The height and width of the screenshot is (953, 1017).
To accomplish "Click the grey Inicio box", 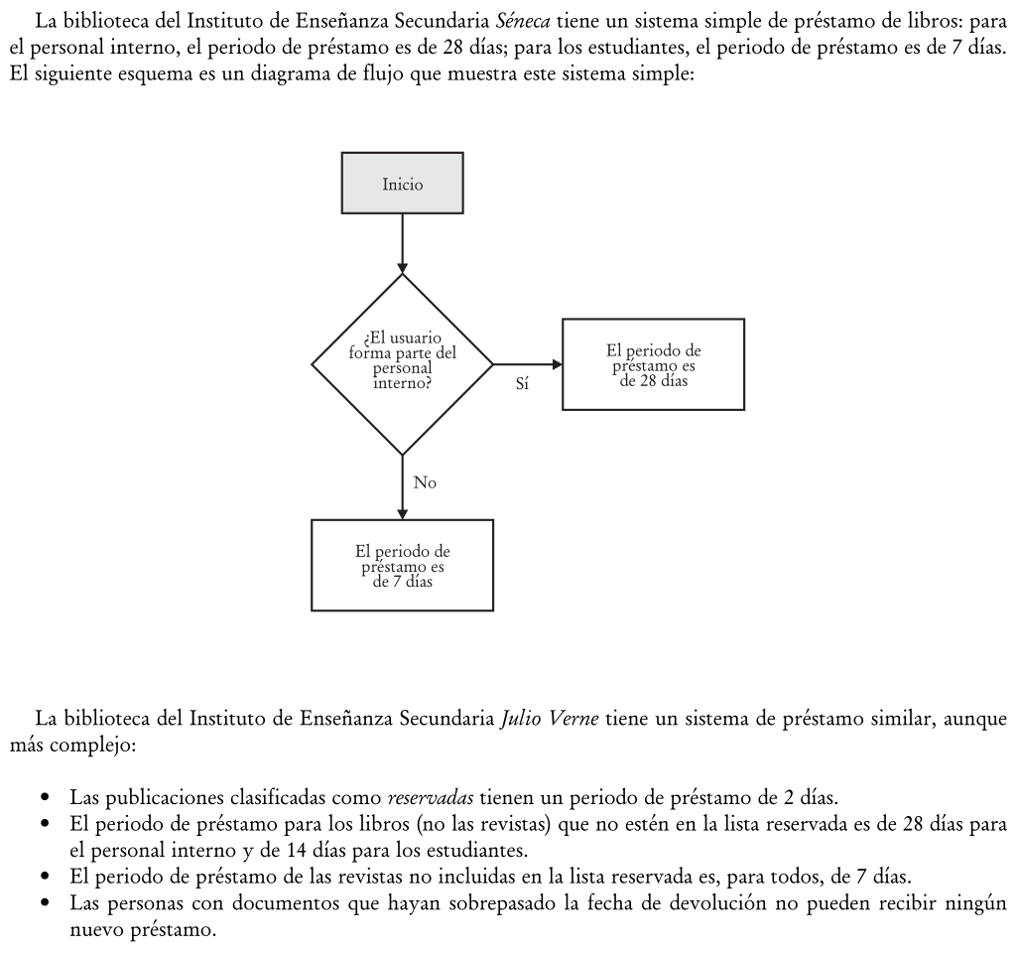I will click(x=402, y=183).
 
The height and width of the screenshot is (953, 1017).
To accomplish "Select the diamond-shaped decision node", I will click(x=402, y=364).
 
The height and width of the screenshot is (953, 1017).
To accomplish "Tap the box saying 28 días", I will click(x=653, y=364).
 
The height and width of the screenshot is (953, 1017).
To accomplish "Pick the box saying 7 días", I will click(x=402, y=565).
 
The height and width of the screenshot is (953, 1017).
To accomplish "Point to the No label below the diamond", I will click(x=425, y=483).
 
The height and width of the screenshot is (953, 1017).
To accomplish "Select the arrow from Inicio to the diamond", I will click(x=402, y=243).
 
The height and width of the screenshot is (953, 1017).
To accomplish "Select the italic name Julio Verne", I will click(x=561, y=719).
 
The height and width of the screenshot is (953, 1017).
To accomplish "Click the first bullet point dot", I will click(x=46, y=797).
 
